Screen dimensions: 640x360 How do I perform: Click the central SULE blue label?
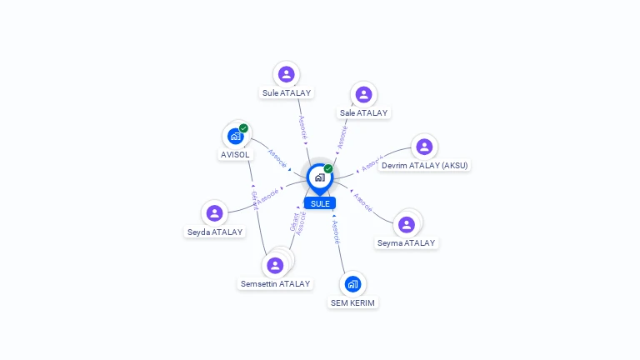320,203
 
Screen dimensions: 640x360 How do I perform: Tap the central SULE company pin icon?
319,177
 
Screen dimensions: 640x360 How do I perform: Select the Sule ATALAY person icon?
287,74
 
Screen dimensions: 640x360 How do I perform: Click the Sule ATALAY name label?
287,93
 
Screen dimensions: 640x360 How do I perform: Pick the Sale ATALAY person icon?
363,94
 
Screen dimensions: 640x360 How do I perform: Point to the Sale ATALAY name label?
363,112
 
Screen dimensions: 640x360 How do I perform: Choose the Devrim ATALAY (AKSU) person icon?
424,147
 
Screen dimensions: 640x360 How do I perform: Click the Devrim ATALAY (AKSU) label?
425,165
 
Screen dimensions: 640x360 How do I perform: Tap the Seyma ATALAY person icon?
407,224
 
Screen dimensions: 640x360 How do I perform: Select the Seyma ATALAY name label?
407,243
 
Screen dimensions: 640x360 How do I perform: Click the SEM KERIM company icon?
352,284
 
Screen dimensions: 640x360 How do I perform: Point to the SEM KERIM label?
352,303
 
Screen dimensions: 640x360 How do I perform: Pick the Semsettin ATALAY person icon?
275,265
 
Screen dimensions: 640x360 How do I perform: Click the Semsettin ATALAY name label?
275,284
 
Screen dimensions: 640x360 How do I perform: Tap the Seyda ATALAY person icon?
215,213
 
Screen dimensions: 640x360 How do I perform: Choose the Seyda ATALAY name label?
215,232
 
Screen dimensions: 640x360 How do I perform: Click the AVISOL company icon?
236,136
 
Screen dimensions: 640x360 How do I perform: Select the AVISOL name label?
235,155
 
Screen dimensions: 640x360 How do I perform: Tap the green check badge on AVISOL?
243,128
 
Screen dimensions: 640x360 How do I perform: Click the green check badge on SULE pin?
328,169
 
